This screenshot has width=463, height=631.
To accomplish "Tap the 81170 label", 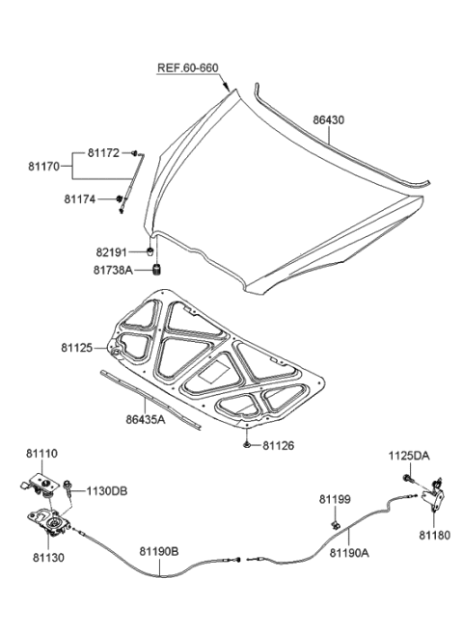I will (x=45, y=166).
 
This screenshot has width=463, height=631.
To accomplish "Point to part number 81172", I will (x=104, y=153).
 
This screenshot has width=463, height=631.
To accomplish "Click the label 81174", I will (x=81, y=199).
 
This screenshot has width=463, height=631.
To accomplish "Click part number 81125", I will (x=80, y=346).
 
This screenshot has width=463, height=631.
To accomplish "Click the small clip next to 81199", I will (x=333, y=525).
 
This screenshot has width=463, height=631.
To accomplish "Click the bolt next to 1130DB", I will (x=73, y=490).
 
